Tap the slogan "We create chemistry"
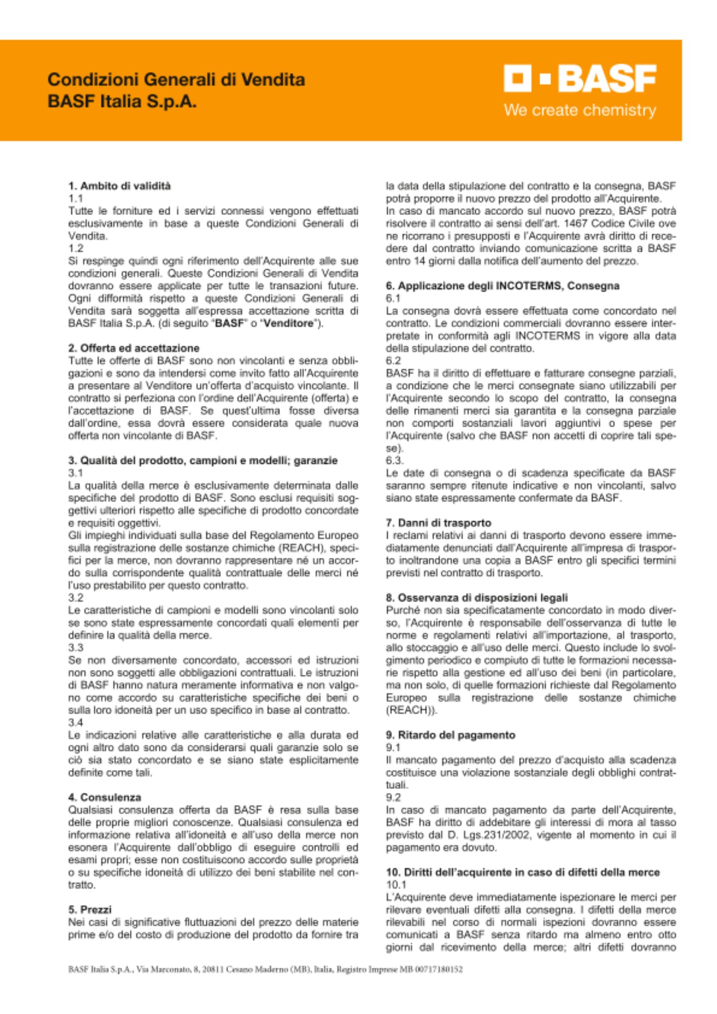[580, 110]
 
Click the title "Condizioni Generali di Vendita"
[176, 80]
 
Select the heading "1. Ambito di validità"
[119, 186]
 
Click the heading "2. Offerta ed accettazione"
[134, 348]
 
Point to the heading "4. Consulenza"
[104, 798]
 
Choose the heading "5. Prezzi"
[90, 910]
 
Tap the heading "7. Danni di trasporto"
[438, 523]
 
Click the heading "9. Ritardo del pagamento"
[450, 735]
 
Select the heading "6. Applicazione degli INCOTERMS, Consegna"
[502, 286]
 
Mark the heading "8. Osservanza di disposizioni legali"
[476, 598]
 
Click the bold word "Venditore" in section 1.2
[289, 323]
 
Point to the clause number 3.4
[76, 722]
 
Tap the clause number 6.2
[393, 361]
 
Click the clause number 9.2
[393, 798]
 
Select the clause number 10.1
[396, 885]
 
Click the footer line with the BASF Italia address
[265, 969]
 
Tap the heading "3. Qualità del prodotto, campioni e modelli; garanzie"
[203, 461]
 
